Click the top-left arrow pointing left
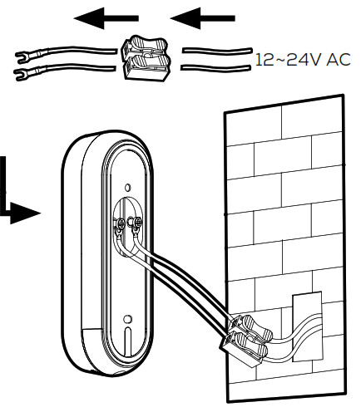[x=106, y=18]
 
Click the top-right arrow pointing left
[x=202, y=18]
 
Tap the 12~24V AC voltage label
[x=303, y=60]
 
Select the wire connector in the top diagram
[x=145, y=58]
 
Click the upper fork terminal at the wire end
[x=27, y=55]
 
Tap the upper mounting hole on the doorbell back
[x=127, y=188]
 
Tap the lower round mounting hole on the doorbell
[x=127, y=319]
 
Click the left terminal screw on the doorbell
[x=121, y=222]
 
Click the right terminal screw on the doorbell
[x=137, y=221]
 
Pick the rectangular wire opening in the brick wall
[x=308, y=326]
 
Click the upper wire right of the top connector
[x=217, y=51]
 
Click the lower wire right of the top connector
[x=216, y=67]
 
